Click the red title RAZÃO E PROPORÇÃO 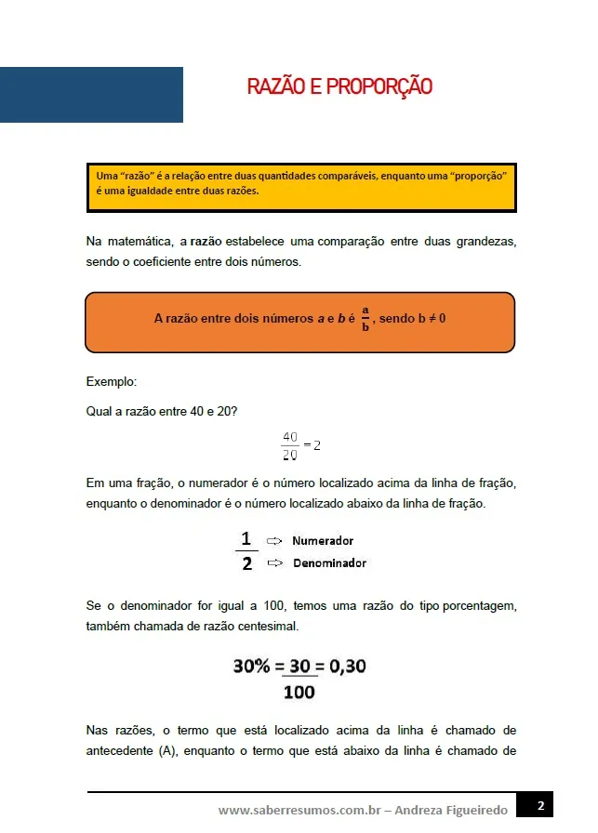pyautogui.click(x=339, y=87)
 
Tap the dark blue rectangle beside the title pyautogui.click(x=91, y=95)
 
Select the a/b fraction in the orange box pyautogui.click(x=365, y=318)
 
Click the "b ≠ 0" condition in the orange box pyautogui.click(x=432, y=318)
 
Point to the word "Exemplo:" pyautogui.click(x=110, y=381)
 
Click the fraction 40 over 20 pyautogui.click(x=289, y=445)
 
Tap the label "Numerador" pyautogui.click(x=323, y=540)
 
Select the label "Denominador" pyautogui.click(x=329, y=562)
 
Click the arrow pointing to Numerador pyautogui.click(x=274, y=540)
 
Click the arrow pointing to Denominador pyautogui.click(x=274, y=562)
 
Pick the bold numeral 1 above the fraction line pyautogui.click(x=246, y=538)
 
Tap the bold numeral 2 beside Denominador pyautogui.click(x=246, y=564)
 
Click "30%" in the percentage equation pyautogui.click(x=252, y=667)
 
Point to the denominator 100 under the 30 pyautogui.click(x=299, y=692)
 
